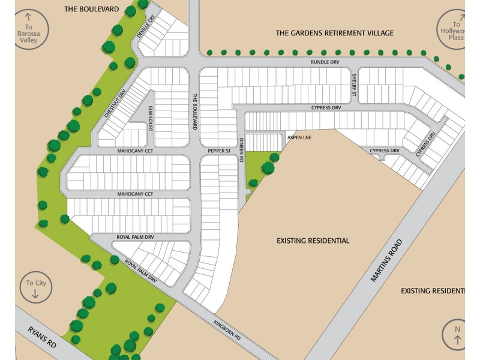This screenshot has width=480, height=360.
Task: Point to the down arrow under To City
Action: tap(35, 295)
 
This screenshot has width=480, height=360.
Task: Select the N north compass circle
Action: tap(456, 334)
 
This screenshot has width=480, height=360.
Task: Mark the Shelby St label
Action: tap(354, 85)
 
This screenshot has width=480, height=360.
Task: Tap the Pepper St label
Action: tap(219, 151)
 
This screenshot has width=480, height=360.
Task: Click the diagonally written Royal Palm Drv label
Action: tap(141, 271)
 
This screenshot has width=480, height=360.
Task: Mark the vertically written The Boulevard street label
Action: tap(195, 112)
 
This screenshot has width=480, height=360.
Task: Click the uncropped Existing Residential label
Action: tap(313, 241)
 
